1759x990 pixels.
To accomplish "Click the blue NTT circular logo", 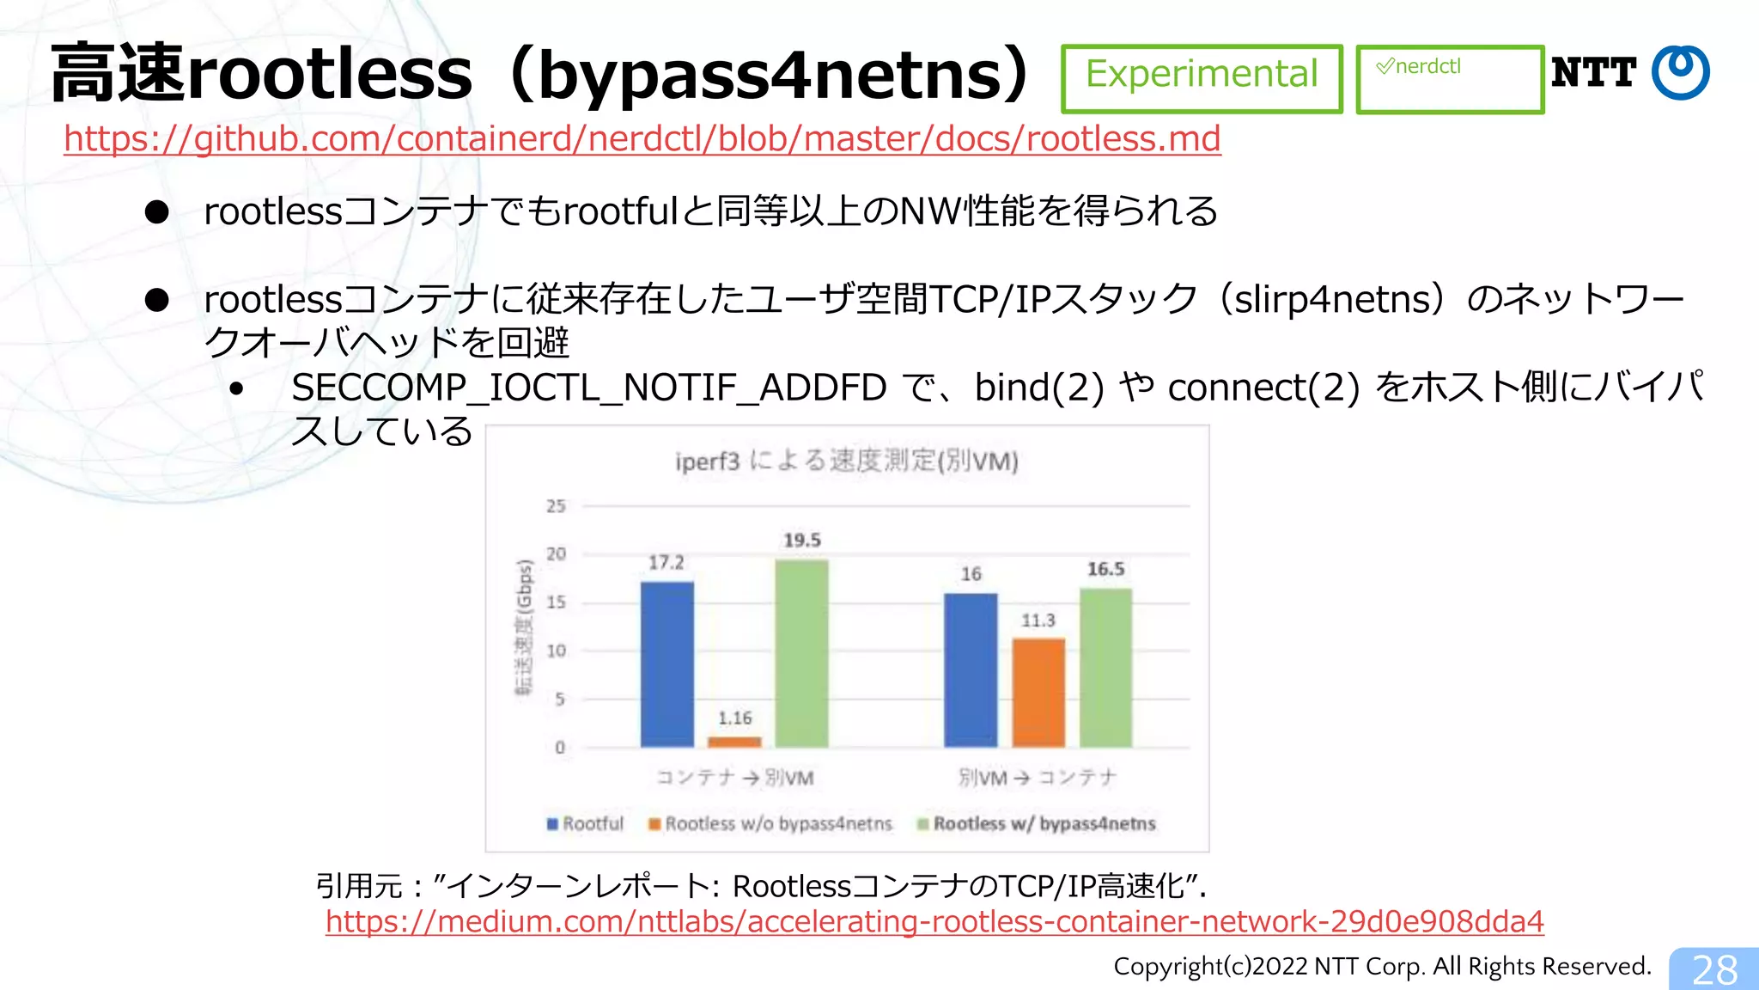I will tap(1681, 73).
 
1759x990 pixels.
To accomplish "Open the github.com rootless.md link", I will tap(642, 138).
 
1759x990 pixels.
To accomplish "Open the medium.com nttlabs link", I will tap(934, 921).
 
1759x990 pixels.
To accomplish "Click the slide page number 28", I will tap(1714, 969).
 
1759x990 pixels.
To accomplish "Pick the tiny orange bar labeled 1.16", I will tap(734, 742).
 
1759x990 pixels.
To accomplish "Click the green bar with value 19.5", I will tap(801, 653).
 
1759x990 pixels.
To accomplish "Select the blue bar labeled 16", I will tap(971, 669).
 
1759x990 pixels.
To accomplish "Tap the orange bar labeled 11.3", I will tap(1038, 692).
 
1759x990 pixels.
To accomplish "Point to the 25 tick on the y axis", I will tap(557, 506).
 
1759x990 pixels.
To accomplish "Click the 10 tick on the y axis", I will tap(557, 651).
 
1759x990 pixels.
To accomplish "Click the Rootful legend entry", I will tap(586, 823).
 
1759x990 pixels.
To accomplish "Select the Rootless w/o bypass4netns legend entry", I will tap(770, 823).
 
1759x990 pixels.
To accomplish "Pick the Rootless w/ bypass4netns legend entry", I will tap(1037, 823).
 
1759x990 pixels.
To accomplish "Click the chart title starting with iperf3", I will tap(847, 461).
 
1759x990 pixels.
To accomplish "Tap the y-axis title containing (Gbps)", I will tap(524, 627).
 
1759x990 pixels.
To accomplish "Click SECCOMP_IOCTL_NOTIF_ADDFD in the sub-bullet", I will tap(588, 388).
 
